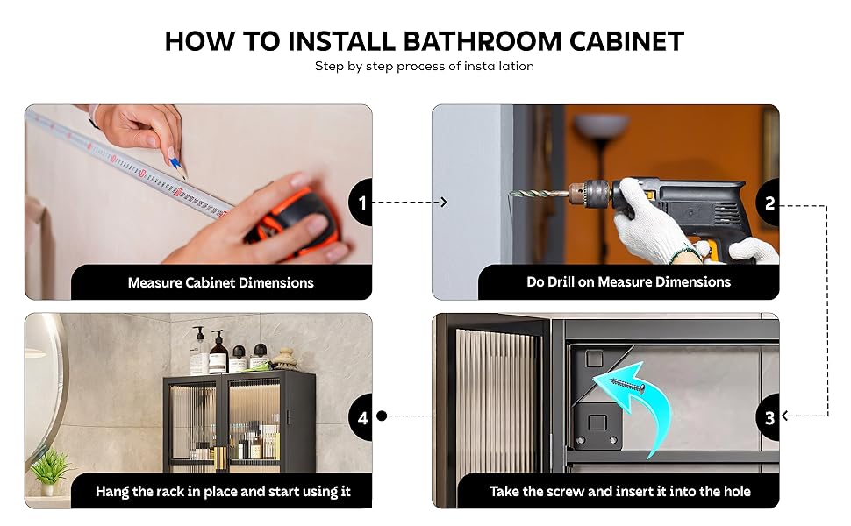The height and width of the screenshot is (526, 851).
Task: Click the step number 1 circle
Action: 362,203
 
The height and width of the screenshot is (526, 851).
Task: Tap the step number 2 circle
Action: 770,203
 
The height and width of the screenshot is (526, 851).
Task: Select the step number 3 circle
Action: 770,417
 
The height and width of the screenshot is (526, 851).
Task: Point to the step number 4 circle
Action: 362,418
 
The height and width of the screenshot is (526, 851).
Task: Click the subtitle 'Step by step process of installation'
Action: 425,66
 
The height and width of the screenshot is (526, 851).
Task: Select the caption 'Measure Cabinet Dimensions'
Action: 220,282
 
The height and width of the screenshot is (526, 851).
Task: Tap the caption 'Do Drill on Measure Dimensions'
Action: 628,281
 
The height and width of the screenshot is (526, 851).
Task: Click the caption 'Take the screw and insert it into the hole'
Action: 619,491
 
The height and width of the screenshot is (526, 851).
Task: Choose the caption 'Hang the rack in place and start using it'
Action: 223,491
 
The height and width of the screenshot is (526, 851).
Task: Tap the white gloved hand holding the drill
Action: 648,231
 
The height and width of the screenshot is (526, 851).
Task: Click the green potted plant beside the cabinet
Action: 50,469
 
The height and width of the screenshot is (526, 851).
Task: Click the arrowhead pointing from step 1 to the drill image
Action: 444,203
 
